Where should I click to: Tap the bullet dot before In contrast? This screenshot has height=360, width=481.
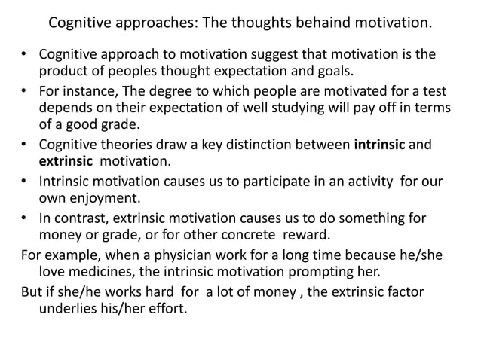[24, 218]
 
